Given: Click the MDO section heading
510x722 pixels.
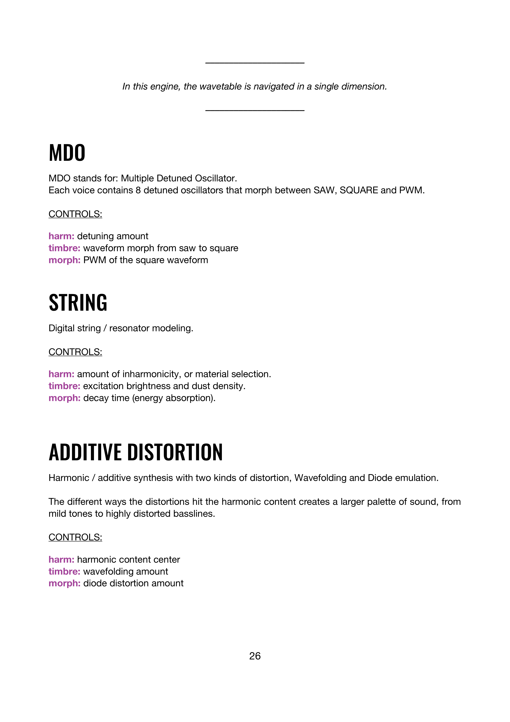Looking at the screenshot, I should (x=67, y=153).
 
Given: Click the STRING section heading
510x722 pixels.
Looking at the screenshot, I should (x=78, y=303).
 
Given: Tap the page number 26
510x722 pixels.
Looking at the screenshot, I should (x=255, y=656).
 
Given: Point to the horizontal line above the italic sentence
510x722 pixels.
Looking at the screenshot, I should (x=255, y=63).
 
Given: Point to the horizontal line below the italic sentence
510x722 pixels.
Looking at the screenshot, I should (x=255, y=110).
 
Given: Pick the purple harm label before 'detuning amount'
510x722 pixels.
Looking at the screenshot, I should (x=61, y=236).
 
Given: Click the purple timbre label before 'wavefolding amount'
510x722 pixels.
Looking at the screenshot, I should (x=64, y=571).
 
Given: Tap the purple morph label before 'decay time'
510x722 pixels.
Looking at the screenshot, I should (x=64, y=398).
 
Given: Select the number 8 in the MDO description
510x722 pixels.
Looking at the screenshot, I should (x=138, y=190).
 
